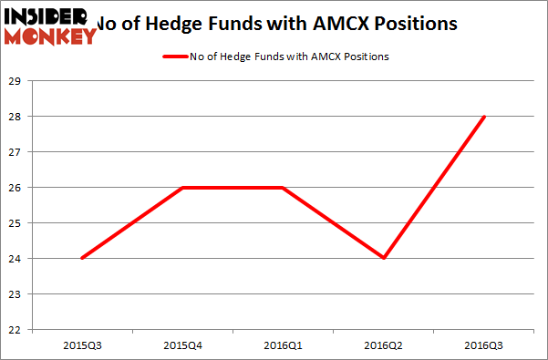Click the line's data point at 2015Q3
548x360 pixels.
pos(82,258)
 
